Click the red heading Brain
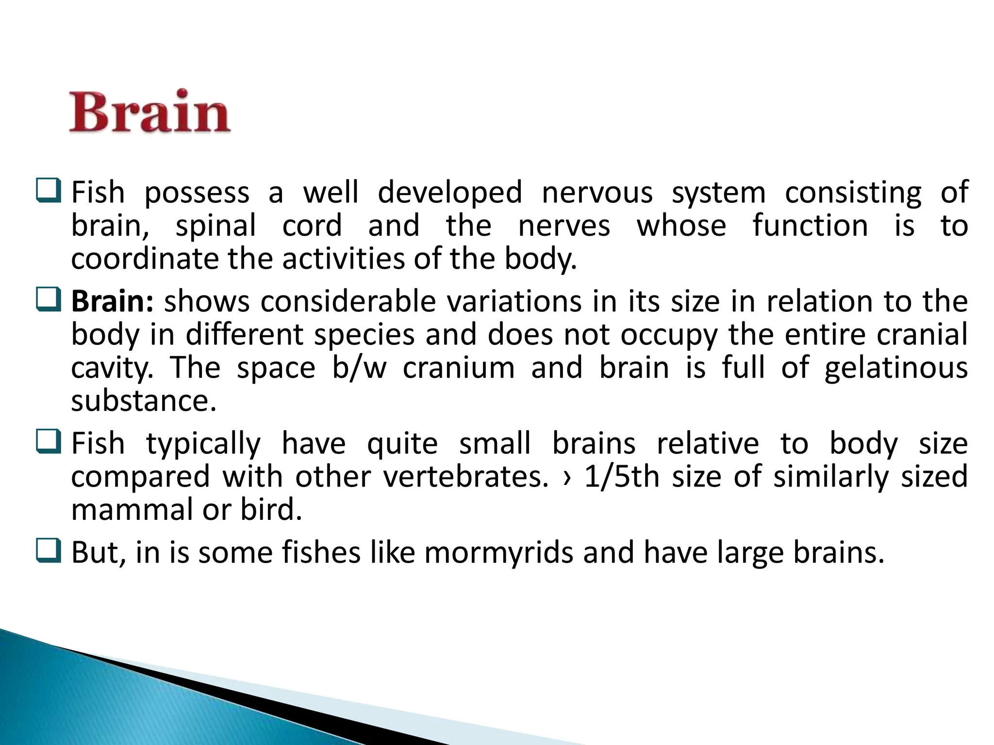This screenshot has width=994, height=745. coord(150,112)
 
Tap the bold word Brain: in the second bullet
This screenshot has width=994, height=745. coord(112,302)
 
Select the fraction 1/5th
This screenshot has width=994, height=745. coord(622,477)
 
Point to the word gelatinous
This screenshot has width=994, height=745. coord(896,368)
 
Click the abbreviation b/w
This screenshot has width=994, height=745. coord(359,368)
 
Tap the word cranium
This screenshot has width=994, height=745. coord(459,368)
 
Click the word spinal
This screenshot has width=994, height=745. coord(215,226)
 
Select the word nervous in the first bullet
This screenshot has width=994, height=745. coord(597,193)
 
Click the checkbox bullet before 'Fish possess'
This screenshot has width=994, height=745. coord(49,191)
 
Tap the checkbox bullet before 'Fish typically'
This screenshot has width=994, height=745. coord(49,442)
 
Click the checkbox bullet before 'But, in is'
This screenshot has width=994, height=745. coord(49,551)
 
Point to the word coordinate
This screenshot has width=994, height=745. coord(144,259)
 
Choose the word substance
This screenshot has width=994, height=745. coord(143,401)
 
